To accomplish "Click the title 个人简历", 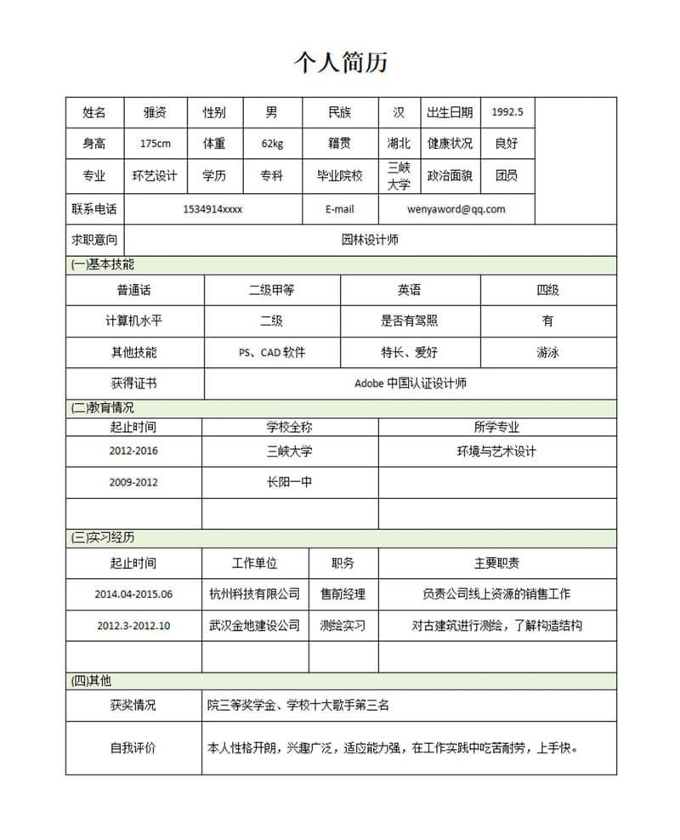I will tap(341, 62).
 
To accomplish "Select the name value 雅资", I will tap(155, 112).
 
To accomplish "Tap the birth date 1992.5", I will tap(507, 112).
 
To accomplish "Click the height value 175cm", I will tap(155, 144).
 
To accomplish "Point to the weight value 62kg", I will tap(272, 144).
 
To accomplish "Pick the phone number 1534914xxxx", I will tap(212, 209).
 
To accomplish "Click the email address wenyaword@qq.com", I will tap(456, 209).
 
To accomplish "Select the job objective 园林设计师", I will tap(370, 240).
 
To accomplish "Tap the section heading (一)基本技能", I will tap(103, 264).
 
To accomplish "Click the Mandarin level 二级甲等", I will tap(272, 290).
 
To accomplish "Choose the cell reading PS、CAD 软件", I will tap(272, 352).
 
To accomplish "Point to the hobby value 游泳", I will tap(547, 352).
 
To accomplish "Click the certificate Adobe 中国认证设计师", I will tap(410, 383).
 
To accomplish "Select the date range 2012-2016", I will tap(133, 451).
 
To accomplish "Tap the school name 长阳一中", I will tap(289, 482).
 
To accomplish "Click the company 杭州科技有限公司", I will tap(254, 594).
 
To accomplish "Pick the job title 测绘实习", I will tap(343, 626).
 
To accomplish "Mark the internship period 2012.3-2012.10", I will tap(133, 626).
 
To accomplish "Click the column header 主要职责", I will tap(496, 563).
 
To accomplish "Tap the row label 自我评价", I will tap(133, 749).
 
